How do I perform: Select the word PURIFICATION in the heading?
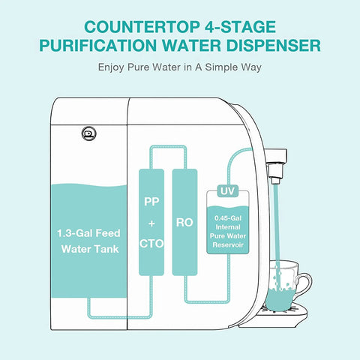(98, 45)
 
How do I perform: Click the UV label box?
(228, 191)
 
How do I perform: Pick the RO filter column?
(184, 222)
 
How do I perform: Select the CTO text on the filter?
(151, 244)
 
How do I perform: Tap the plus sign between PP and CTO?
(151, 223)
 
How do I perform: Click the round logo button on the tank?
(89, 133)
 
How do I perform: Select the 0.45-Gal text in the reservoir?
(228, 218)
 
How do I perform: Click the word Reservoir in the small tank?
(228, 244)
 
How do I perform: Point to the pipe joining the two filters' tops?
(168, 147)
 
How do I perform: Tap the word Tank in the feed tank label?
(107, 249)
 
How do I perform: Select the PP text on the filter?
(151, 202)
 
